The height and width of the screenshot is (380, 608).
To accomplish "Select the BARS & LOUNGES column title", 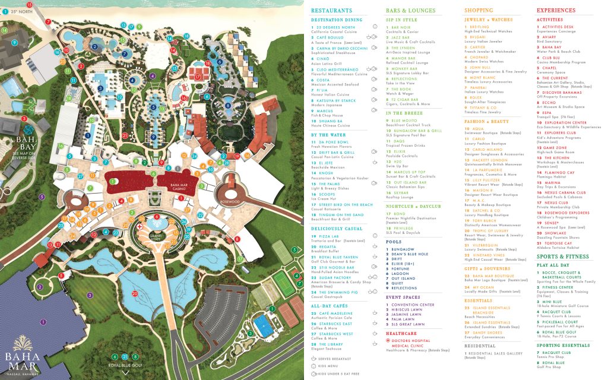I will pyautogui.click(x=410, y=10).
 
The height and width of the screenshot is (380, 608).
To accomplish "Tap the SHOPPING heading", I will pyautogui.click(x=479, y=10).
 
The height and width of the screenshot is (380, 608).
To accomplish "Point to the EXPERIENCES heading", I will pyautogui.click(x=556, y=10).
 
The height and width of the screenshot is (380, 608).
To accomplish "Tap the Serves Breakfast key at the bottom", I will pyautogui.click(x=335, y=359).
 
